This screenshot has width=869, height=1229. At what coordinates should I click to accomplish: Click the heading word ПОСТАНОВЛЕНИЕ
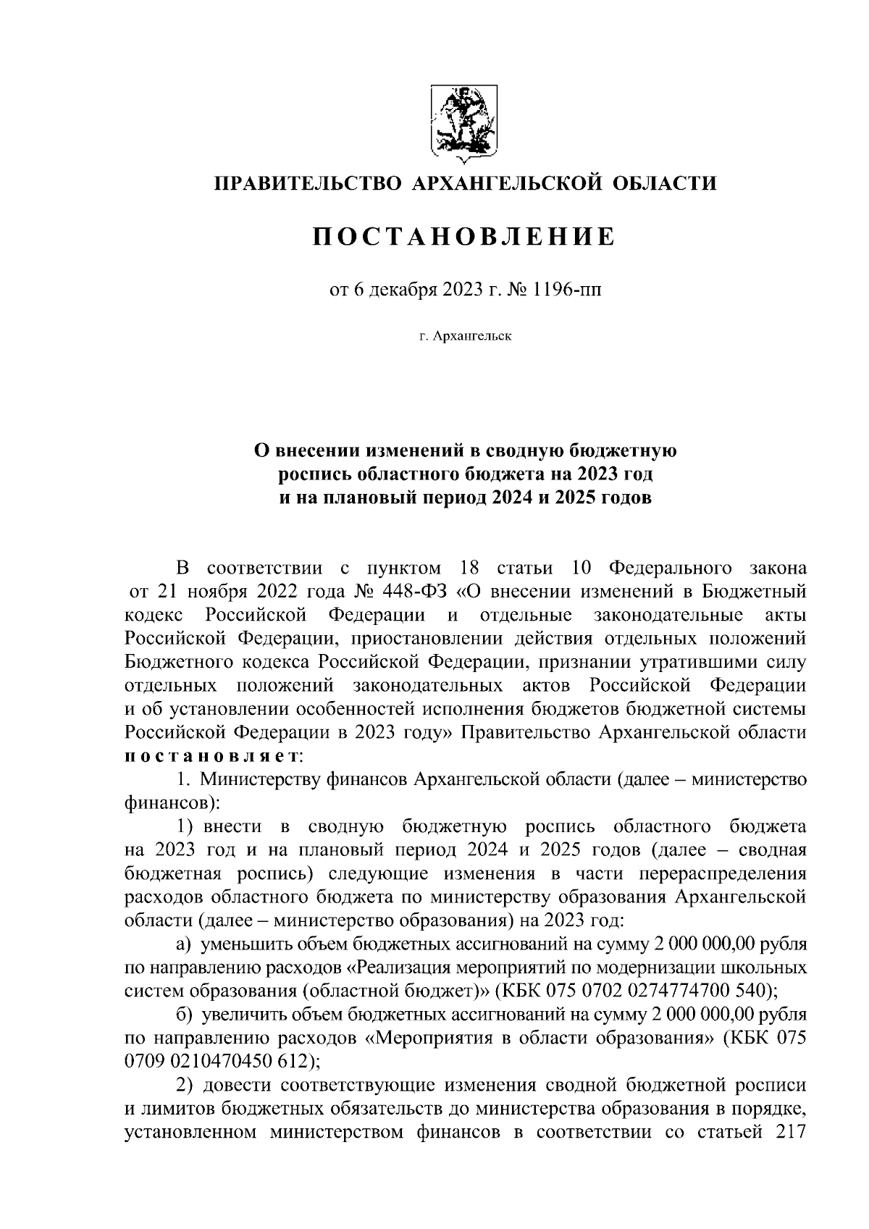coord(464,237)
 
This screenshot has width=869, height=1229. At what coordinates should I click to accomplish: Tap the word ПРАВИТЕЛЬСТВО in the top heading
coord(306,183)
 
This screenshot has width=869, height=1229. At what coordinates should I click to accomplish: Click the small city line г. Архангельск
coord(464,336)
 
